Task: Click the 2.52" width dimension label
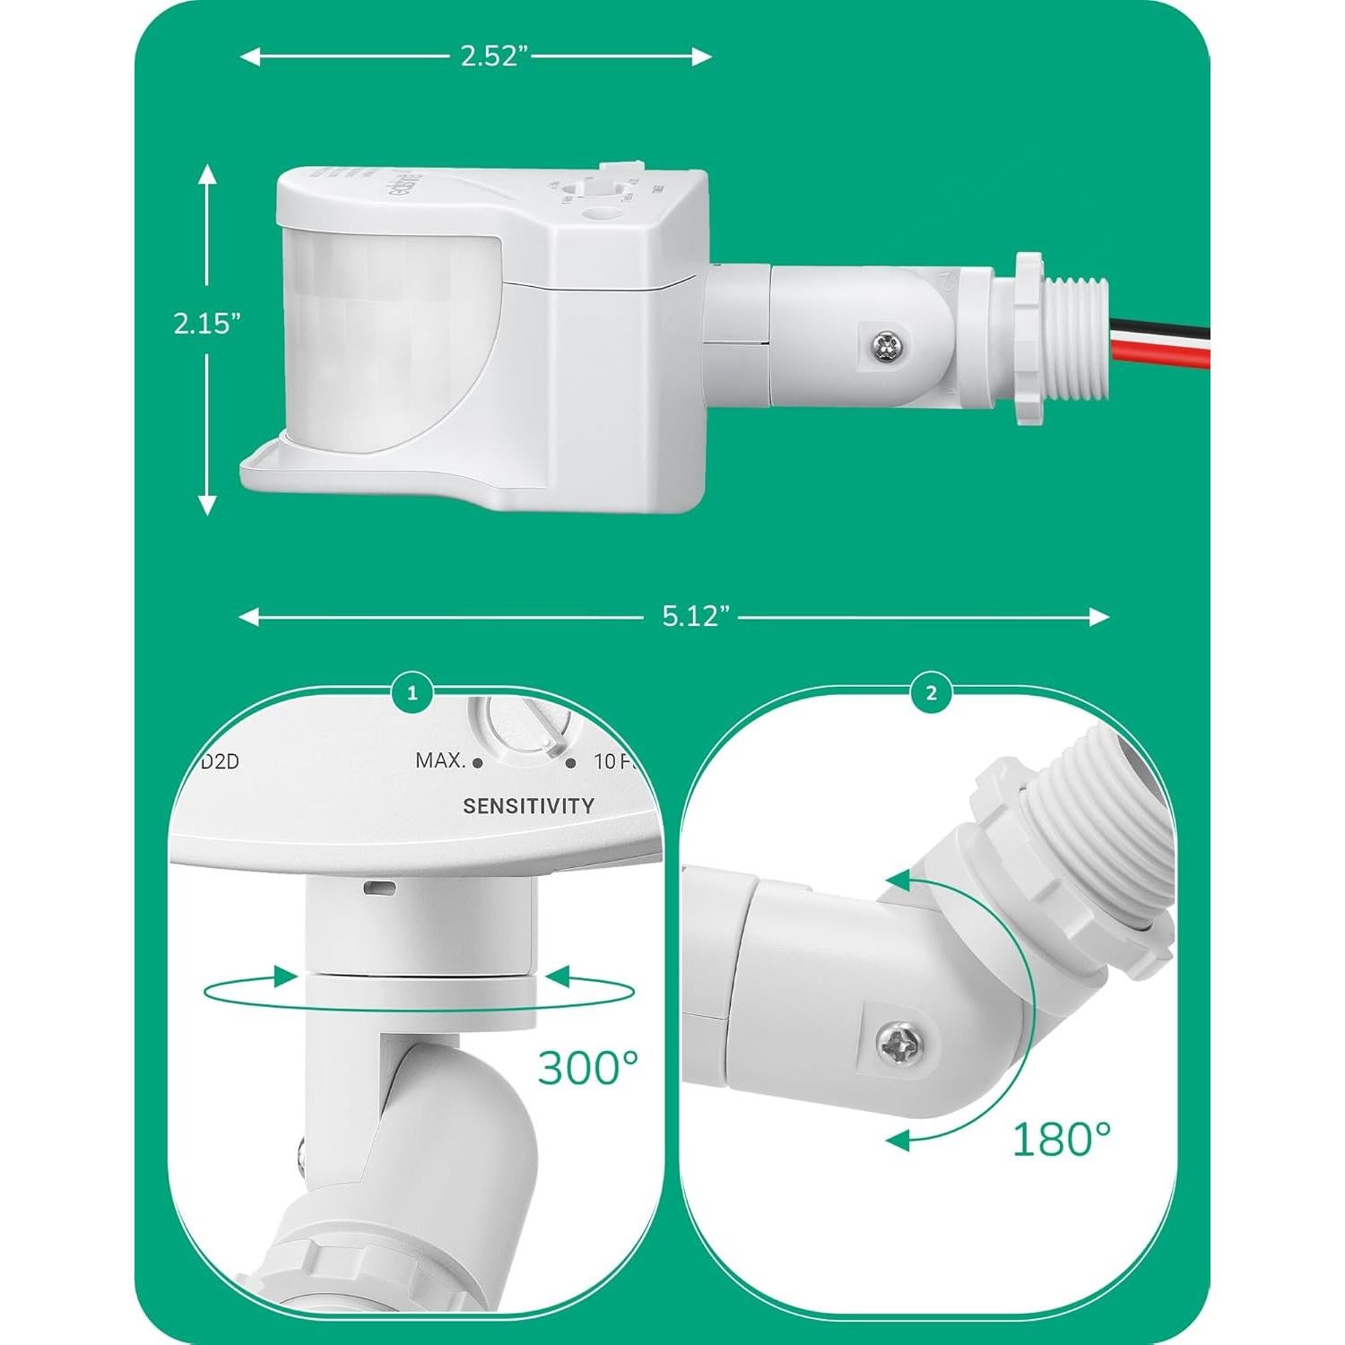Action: click(x=490, y=56)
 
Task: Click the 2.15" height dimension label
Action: click(x=207, y=324)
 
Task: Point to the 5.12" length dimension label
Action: click(x=696, y=616)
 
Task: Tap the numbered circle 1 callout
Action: click(x=412, y=693)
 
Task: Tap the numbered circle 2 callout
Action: click(x=932, y=693)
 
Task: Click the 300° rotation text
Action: click(x=588, y=1067)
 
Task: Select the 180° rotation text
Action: click(x=1061, y=1139)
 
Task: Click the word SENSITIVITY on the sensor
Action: click(x=528, y=806)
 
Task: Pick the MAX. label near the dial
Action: click(x=440, y=761)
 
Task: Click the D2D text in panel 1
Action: click(x=219, y=762)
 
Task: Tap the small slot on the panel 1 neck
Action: click(x=380, y=888)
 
